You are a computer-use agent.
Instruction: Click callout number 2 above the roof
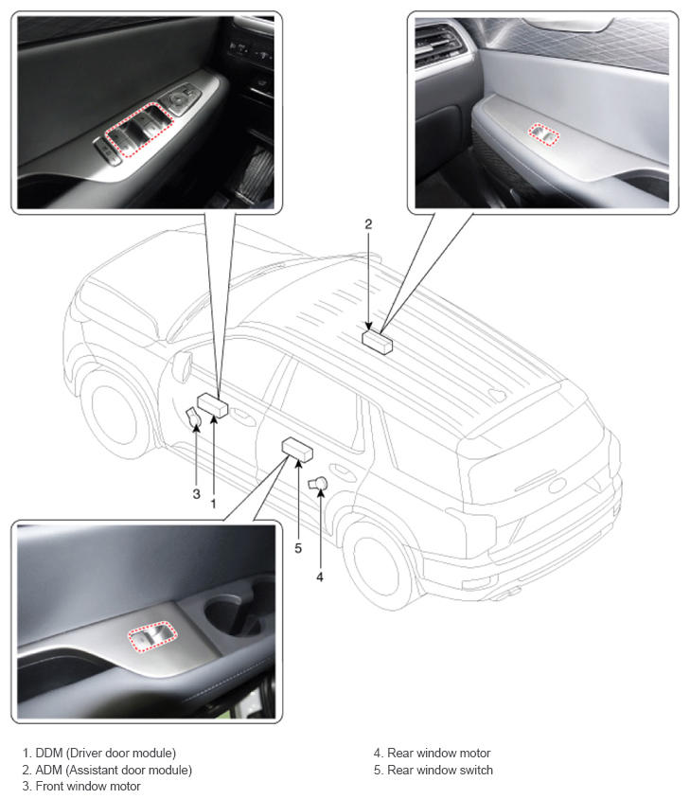pos(368,224)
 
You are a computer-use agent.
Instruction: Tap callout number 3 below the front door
pos(196,494)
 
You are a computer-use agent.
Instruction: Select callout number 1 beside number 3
pos(214,504)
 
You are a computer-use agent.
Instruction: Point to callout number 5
pos(298,548)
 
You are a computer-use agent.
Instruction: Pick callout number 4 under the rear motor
pos(320,577)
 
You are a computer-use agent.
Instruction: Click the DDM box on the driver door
pos(213,405)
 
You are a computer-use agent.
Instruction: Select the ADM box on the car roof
pos(378,342)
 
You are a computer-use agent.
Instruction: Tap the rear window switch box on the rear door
pos(297,450)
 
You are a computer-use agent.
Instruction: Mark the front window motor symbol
pos(193,417)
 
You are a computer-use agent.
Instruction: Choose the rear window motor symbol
pos(317,483)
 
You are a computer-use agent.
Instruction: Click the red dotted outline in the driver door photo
pos(138,130)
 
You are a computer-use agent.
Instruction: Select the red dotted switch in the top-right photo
pos(543,134)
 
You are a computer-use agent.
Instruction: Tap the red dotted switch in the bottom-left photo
pos(151,635)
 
